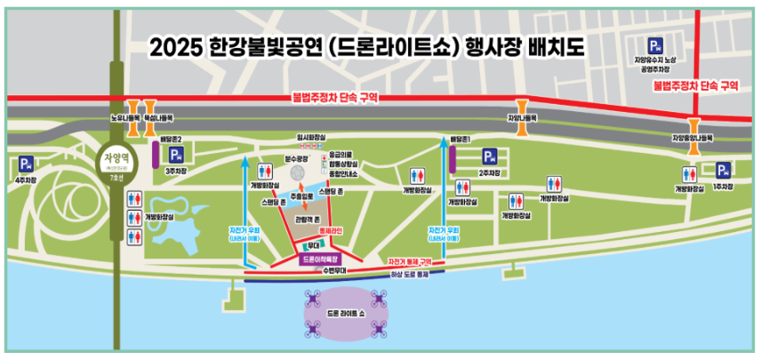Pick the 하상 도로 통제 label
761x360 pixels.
[x=410, y=276]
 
